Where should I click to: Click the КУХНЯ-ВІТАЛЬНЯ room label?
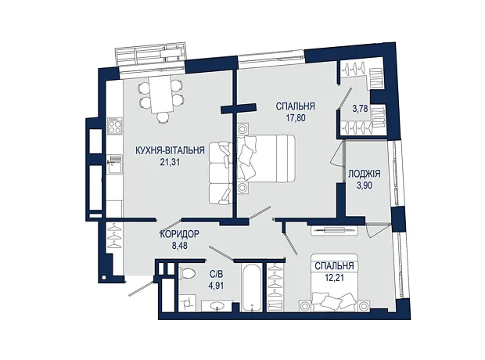[170, 150]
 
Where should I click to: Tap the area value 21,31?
[170, 162]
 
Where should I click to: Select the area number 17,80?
[296, 118]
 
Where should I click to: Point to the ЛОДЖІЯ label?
[365, 174]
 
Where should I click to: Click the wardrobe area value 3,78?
[361, 109]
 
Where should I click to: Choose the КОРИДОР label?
[179, 234]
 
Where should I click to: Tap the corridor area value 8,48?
[180, 246]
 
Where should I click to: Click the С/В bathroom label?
[216, 274]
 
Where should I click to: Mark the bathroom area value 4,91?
[216, 285]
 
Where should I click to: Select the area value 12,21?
[334, 277]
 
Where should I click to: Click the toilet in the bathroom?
[187, 272]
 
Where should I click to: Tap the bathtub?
[252, 287]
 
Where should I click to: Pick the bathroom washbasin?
[217, 306]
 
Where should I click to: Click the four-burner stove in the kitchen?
[114, 125]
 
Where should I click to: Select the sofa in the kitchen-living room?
[221, 173]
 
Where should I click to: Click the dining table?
[162, 95]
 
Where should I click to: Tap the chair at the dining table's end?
[162, 117]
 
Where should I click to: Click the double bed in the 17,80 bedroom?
[266, 158]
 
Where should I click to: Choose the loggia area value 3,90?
[365, 185]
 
